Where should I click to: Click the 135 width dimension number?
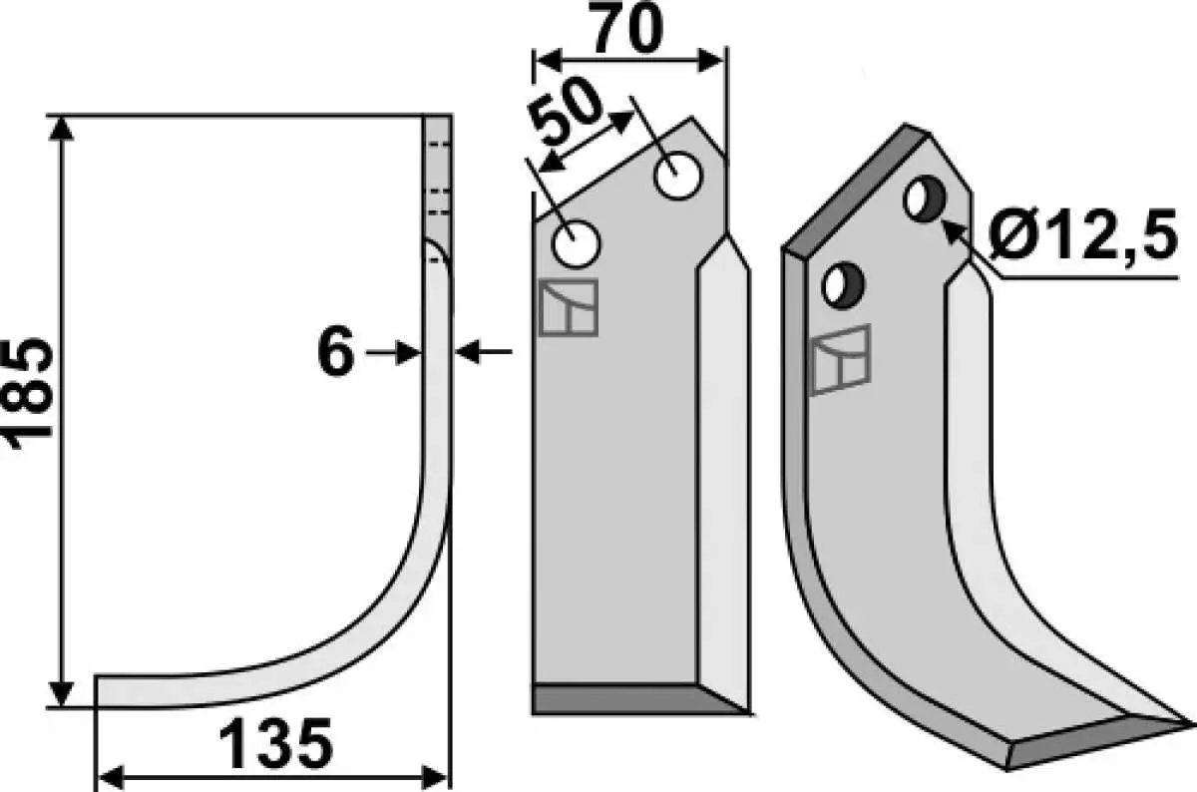[x=276, y=743]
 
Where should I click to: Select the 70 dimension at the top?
[x=627, y=27]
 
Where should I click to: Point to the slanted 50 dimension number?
[x=565, y=113]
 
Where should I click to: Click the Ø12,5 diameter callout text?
[x=1082, y=233]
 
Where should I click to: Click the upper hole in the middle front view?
[x=678, y=176]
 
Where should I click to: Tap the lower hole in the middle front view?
[x=576, y=244]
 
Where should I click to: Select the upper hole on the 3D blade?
[x=925, y=198]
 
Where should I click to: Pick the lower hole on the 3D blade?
[x=843, y=285]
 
